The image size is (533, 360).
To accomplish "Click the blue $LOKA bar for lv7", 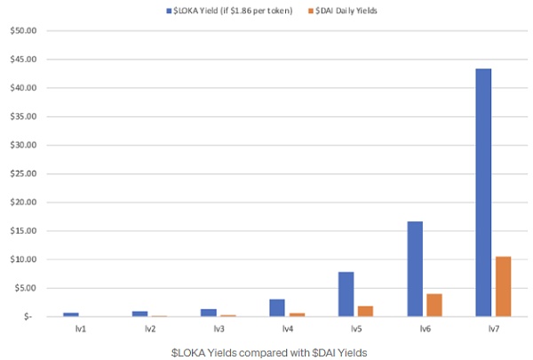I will click(483, 192).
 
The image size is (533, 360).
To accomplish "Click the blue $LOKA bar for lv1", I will click(71, 314).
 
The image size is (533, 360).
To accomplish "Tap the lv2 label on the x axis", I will click(150, 329).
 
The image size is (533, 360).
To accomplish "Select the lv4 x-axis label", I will click(288, 329).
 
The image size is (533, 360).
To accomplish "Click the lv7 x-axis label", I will click(493, 329).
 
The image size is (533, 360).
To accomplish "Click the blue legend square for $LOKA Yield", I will click(167, 11).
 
